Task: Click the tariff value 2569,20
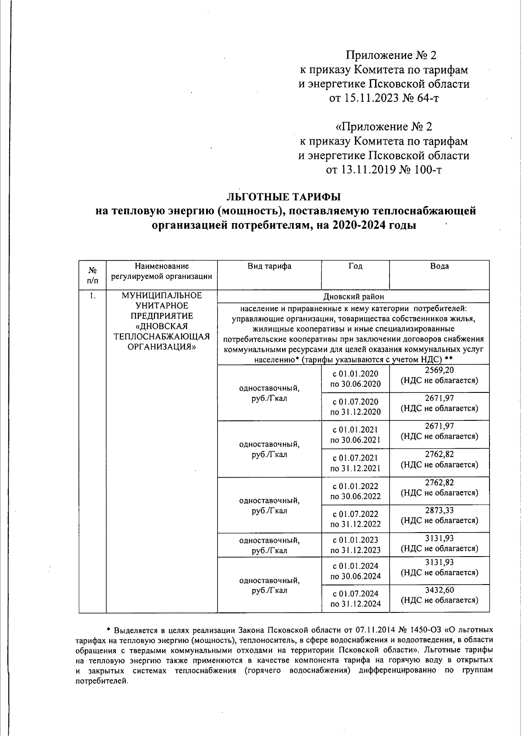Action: coord(439,371)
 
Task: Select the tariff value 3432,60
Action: coord(439,590)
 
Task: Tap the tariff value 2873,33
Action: coord(439,510)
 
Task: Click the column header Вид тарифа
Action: coord(269,266)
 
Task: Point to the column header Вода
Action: coord(439,266)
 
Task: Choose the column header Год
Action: coord(355,266)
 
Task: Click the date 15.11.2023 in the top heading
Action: coord(371,98)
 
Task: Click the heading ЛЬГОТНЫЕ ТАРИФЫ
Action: coord(286,196)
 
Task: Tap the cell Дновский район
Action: coord(353,297)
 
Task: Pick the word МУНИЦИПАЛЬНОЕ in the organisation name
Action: coord(162,296)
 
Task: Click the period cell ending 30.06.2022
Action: coord(355,491)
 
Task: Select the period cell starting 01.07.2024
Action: coord(355,598)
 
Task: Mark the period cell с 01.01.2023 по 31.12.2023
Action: coord(355,545)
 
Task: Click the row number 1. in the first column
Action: coord(92,296)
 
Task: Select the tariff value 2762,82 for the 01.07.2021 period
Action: coord(439,454)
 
